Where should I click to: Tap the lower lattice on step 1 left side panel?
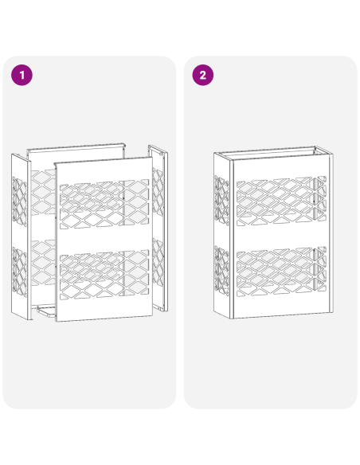click(21, 271)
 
